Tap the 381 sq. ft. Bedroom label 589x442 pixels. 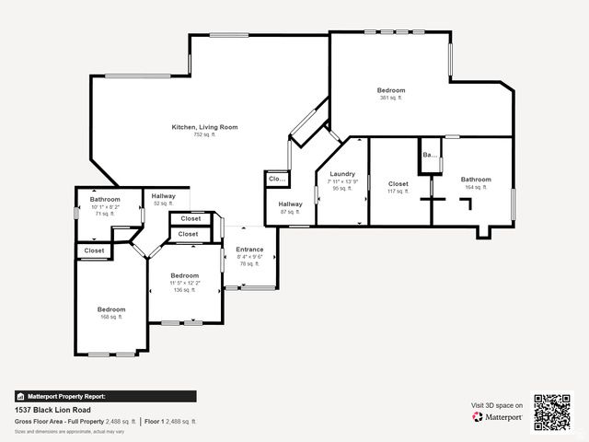coord(390,90)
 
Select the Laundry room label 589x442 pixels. coord(342,174)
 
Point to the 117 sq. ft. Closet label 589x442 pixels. coord(398,183)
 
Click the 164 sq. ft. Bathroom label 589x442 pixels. coord(476,180)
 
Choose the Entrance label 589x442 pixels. coord(249,250)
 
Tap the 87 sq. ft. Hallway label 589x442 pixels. coord(290,204)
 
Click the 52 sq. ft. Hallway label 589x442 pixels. coord(164,196)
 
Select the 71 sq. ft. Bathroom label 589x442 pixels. coord(105,200)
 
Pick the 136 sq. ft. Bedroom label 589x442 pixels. coord(184,275)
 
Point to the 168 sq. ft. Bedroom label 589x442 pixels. coord(111,309)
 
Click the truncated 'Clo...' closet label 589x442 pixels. coord(276,179)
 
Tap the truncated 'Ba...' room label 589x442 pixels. coord(429,156)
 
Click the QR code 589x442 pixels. coord(552,412)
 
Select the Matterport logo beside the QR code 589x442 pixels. coord(498,417)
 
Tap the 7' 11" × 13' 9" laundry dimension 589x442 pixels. coord(342,181)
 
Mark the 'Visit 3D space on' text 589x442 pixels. coord(497,405)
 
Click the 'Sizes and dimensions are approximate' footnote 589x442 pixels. coord(58,430)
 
